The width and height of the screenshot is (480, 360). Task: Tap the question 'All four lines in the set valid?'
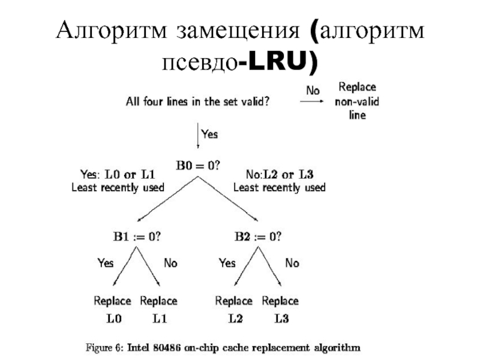197,101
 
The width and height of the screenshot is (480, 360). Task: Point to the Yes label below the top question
209,135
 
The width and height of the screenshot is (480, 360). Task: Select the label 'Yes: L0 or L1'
118,175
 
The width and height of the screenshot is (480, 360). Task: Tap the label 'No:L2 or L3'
280,175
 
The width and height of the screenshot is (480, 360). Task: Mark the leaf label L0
113,319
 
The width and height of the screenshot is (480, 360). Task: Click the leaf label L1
159,319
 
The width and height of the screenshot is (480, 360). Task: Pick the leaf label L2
235,319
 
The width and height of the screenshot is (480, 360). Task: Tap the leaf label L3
281,319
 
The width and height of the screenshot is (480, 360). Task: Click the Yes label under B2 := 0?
227,262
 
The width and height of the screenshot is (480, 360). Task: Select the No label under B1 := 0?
170,262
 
